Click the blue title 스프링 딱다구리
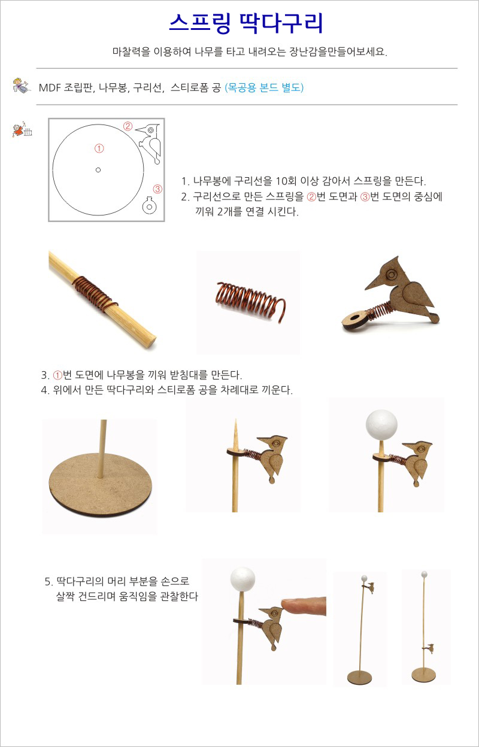[x=246, y=23]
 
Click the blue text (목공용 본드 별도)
[x=264, y=88]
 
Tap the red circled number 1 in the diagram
[x=99, y=148]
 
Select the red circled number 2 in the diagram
[x=128, y=126]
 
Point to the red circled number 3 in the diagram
[x=157, y=189]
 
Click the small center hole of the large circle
[x=98, y=170]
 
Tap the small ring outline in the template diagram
[x=149, y=205]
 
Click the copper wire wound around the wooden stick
[x=95, y=293]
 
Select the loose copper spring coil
[x=250, y=301]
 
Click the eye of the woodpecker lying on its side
[x=390, y=275]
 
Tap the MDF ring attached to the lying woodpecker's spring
[x=355, y=321]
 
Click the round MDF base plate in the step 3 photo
[x=101, y=481]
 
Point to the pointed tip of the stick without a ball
[x=236, y=419]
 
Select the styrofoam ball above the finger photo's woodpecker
[x=243, y=579]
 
